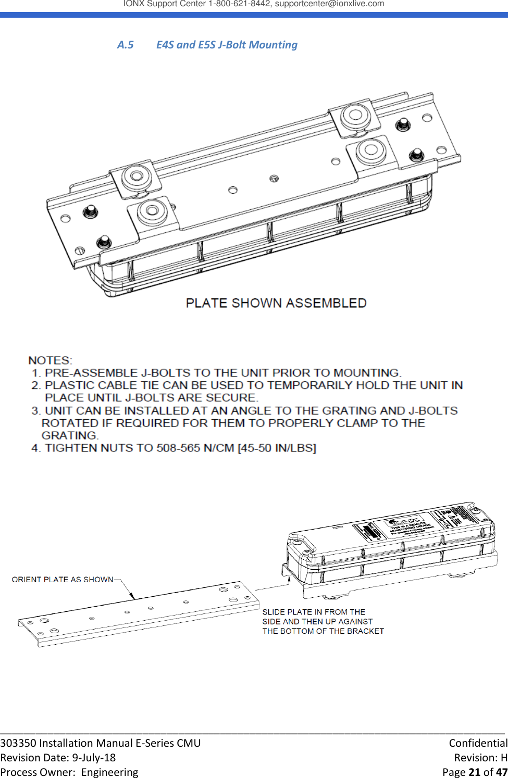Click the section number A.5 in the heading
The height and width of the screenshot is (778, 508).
point(125,45)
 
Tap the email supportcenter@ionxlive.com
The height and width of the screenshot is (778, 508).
point(329,4)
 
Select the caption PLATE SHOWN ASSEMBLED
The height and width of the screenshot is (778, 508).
point(276,303)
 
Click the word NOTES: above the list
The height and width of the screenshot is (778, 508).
point(51,360)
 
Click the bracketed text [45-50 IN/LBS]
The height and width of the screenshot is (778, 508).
point(277,448)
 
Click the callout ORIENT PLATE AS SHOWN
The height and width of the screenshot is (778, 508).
point(63,580)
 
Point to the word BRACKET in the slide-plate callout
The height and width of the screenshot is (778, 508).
point(365,631)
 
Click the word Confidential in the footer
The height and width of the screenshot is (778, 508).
point(478,743)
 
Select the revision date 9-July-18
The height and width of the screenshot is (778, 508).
point(94,758)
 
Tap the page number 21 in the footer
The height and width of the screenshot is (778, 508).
point(474,772)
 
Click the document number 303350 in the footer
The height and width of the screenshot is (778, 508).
point(18,743)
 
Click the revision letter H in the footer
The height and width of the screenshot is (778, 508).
point(503,758)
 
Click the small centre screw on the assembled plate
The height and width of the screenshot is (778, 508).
point(274,179)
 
